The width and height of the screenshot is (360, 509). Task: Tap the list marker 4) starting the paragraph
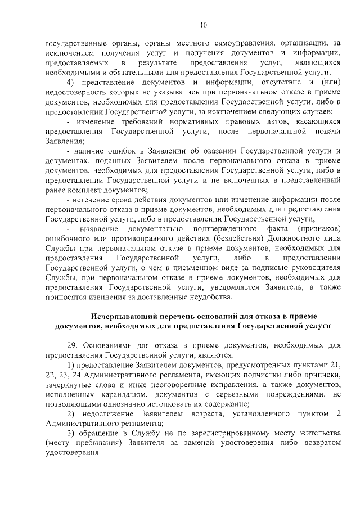point(71,83)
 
